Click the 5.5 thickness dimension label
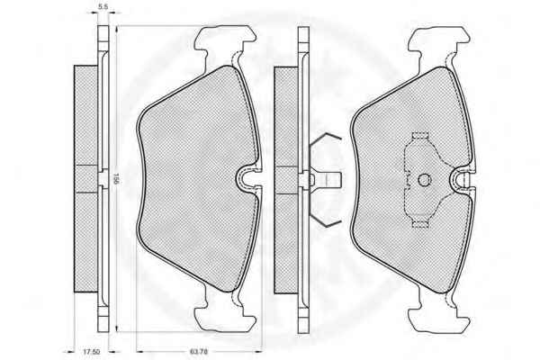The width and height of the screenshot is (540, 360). coord(103,6)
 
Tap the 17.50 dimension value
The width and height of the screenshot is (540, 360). coord(91,352)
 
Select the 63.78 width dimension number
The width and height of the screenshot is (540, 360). coord(199,352)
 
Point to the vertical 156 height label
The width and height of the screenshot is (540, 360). coord(116,179)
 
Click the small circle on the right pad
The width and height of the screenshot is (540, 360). coord(424,179)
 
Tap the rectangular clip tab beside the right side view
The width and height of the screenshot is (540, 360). coord(329,179)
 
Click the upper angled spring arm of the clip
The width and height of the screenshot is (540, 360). coord(325,141)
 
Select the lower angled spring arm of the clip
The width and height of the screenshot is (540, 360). coord(325,217)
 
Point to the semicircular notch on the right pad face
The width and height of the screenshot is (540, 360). coord(459,179)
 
